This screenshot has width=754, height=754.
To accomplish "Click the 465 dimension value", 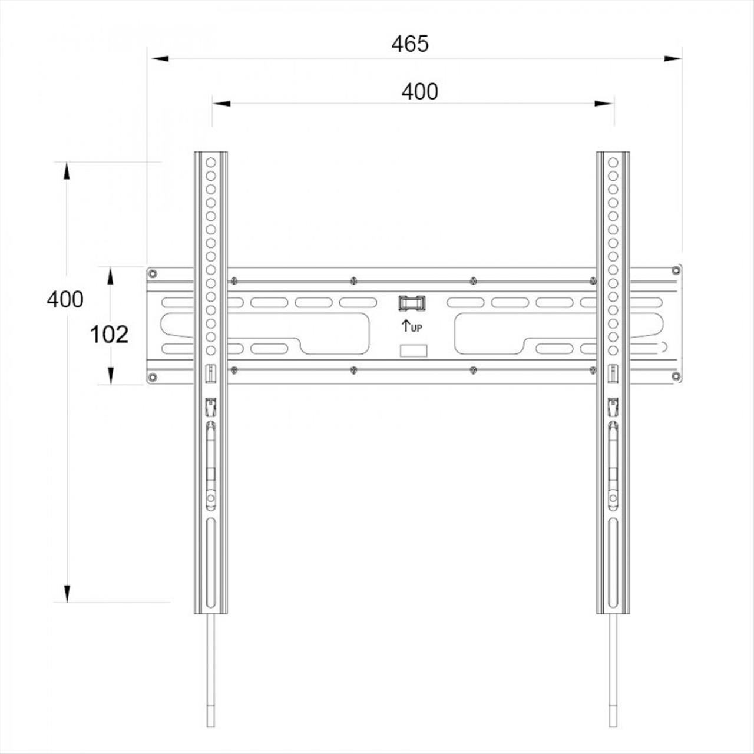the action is (x=410, y=44).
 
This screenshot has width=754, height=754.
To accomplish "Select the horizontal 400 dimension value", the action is (x=420, y=91).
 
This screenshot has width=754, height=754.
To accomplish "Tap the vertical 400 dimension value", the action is (x=65, y=299).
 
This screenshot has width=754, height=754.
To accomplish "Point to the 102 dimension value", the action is (x=109, y=335).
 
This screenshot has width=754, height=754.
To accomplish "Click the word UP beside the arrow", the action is (x=416, y=328).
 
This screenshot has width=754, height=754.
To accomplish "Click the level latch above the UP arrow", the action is (x=412, y=303).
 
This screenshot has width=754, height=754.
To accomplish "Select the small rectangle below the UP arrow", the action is (x=414, y=350).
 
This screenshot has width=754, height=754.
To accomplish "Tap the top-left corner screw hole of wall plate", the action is (x=153, y=273).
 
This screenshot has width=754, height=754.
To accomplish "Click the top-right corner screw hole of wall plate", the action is (x=676, y=270).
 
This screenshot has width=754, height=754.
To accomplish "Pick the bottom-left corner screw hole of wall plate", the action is (x=153, y=377).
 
